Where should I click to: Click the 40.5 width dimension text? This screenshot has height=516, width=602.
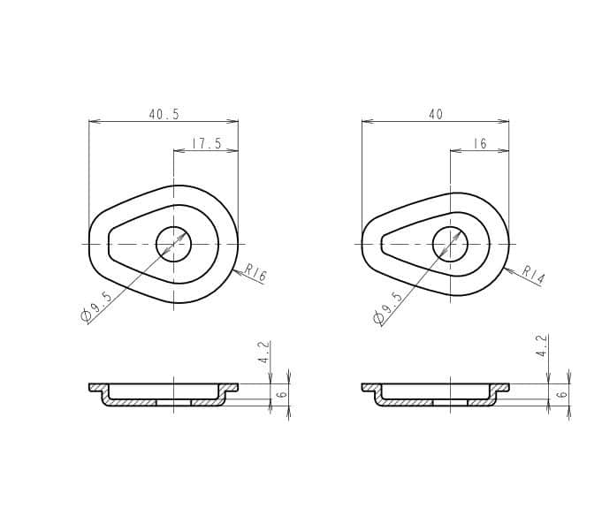pyautogui.click(x=164, y=115)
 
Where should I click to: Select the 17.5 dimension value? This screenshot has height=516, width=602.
pyautogui.click(x=206, y=144)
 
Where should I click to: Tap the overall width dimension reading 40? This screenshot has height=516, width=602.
pyautogui.click(x=435, y=115)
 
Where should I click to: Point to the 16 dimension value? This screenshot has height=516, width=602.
pyautogui.click(x=480, y=144)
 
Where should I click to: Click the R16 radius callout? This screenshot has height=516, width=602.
pyautogui.click(x=255, y=274)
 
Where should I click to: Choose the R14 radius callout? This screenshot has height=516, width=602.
pyautogui.click(x=533, y=275)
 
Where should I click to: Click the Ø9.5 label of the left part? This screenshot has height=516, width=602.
pyautogui.click(x=96, y=305)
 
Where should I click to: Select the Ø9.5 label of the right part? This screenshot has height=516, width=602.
pyautogui.click(x=388, y=305)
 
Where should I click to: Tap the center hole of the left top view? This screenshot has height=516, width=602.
pyautogui.click(x=173, y=244)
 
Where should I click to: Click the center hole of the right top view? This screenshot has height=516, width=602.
pyautogui.click(x=450, y=244)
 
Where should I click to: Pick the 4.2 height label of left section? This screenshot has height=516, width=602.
pyautogui.click(x=263, y=353)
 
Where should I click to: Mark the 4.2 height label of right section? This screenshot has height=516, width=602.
pyautogui.click(x=542, y=345)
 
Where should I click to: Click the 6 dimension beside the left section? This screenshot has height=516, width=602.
pyautogui.click(x=282, y=394)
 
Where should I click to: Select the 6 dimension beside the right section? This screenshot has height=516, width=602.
pyautogui.click(x=561, y=394)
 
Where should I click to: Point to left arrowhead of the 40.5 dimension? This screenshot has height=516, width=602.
pyautogui.click(x=93, y=122)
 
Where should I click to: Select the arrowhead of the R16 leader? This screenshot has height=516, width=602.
pyautogui.click(x=237, y=270)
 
